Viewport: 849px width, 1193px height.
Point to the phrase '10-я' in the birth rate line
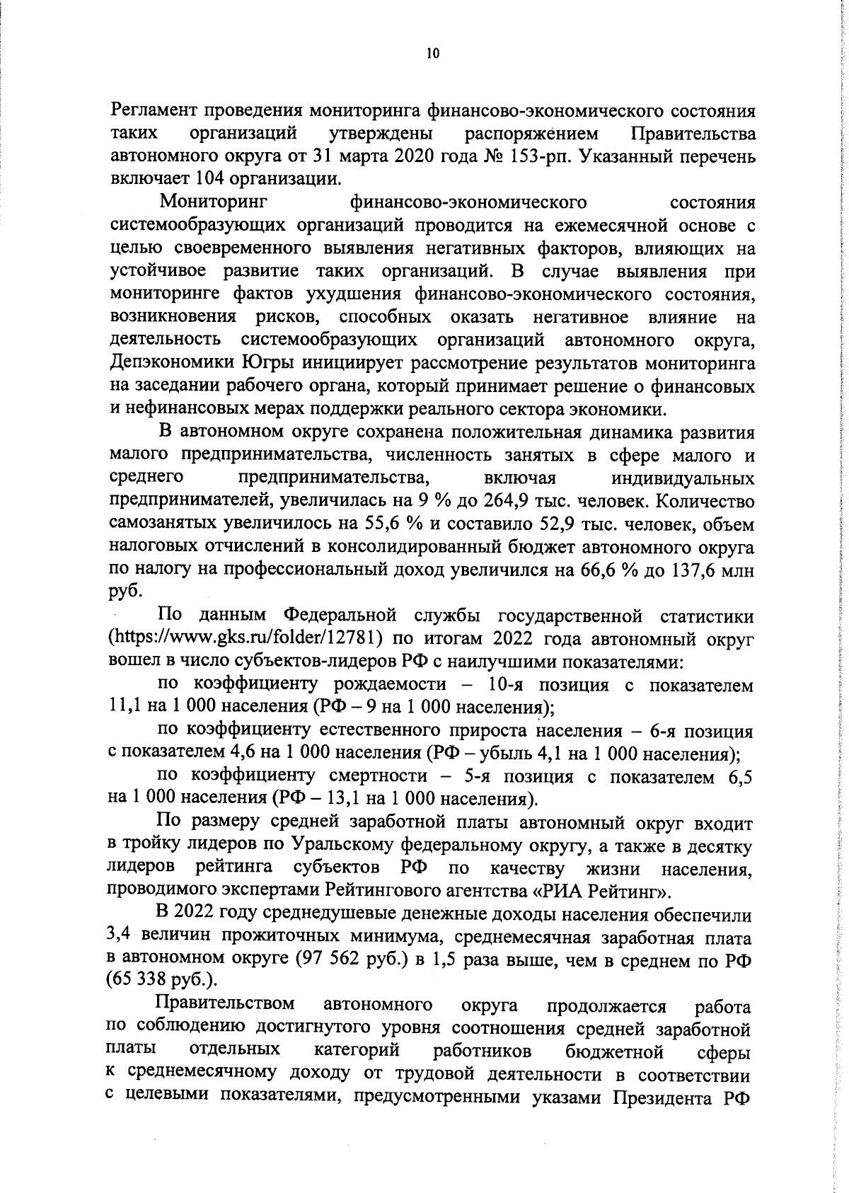pyautogui.click(x=508, y=685)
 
